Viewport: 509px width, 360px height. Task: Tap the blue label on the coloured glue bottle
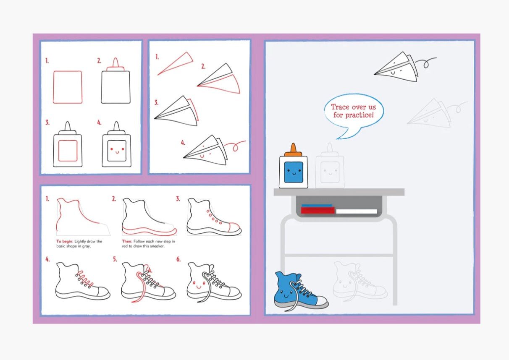[x=294, y=172]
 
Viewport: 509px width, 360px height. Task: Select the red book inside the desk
[x=317, y=210]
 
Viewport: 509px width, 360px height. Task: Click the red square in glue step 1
[x=68, y=87]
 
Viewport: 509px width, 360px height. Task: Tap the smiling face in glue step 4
[x=117, y=150]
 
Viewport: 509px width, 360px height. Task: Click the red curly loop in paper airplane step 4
[x=235, y=146]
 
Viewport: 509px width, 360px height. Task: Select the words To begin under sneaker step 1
[x=65, y=241]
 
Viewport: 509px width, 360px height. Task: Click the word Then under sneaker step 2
[x=127, y=241]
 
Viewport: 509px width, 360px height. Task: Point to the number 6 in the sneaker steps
[x=178, y=259]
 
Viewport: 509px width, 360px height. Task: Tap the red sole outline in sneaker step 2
[x=149, y=231]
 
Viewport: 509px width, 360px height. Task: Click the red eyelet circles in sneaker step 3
[x=214, y=217]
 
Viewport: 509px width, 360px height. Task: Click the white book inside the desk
[x=356, y=211]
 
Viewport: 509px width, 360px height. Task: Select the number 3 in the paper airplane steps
[x=156, y=102]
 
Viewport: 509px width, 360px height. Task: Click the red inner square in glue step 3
[x=68, y=151]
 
